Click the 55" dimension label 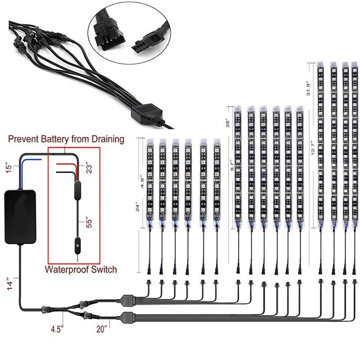[x=89, y=222]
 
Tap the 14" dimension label [x=10, y=284]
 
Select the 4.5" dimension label [x=57, y=329]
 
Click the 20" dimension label [x=102, y=329]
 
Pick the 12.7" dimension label [x=313, y=147]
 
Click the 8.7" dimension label [x=232, y=165]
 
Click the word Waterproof [x=66, y=270]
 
